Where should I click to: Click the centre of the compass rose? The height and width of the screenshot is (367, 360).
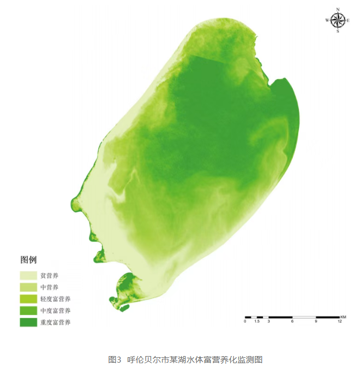pyautogui.click(x=338, y=20)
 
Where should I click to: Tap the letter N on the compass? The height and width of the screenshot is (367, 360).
pyautogui.click(x=338, y=9)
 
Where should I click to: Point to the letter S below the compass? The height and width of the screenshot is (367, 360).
pyautogui.click(x=338, y=32)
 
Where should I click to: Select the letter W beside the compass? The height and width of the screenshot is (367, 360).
pyautogui.click(x=327, y=20)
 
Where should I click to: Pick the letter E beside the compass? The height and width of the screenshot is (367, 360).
pyautogui.click(x=349, y=20)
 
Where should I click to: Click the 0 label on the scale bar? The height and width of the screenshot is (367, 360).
pyautogui.click(x=245, y=322)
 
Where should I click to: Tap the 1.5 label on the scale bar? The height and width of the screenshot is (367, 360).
pyautogui.click(x=256, y=322)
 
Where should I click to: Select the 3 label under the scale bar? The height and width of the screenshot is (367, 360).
pyautogui.click(x=268, y=322)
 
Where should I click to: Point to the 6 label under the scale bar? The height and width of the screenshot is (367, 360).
pyautogui.click(x=292, y=322)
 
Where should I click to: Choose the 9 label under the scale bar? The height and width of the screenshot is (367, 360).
pyautogui.click(x=316, y=322)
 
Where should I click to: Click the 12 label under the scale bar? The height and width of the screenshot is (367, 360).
pyautogui.click(x=339, y=322)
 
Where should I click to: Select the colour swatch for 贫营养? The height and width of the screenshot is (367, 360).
pyautogui.click(x=28, y=275)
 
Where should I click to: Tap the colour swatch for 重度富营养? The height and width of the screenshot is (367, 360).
pyautogui.click(x=28, y=322)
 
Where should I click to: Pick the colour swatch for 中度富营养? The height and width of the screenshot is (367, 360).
pyautogui.click(x=28, y=310)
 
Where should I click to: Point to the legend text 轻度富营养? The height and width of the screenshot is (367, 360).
pyautogui.click(x=55, y=299)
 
